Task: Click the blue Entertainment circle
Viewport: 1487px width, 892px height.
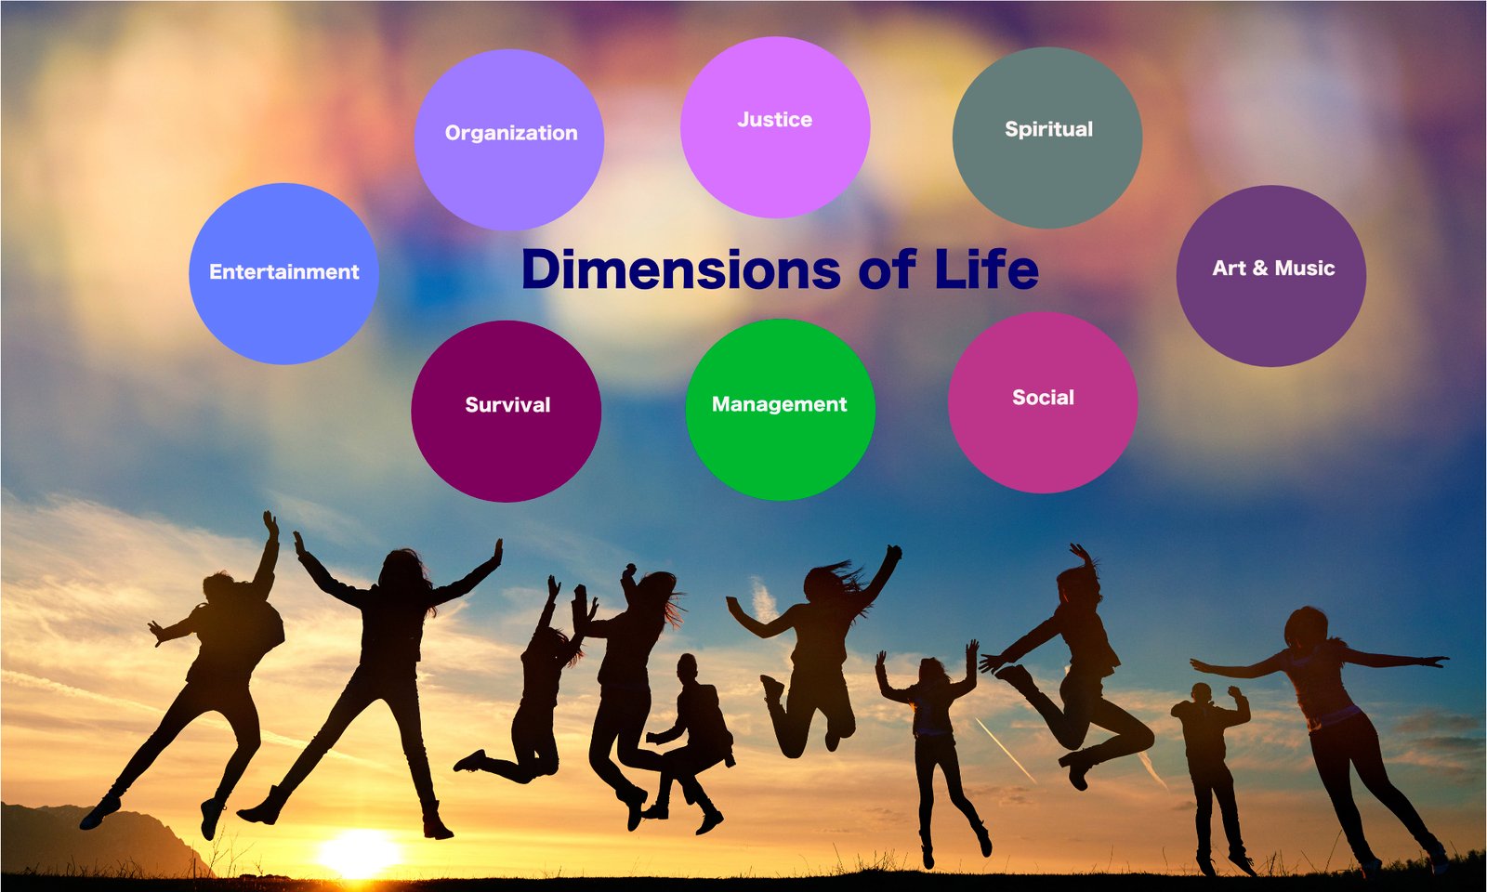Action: (283, 273)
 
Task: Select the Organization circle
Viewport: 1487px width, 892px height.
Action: (509, 139)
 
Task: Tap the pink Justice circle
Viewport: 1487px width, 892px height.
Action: (775, 127)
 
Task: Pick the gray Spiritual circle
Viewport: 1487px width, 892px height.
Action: (1047, 138)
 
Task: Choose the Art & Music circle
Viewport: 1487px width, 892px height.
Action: (1271, 276)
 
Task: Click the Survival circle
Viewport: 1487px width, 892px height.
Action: (507, 412)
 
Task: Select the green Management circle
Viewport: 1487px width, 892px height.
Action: (780, 410)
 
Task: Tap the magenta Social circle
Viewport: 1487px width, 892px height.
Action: (1043, 402)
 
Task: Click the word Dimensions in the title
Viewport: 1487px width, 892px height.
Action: (681, 269)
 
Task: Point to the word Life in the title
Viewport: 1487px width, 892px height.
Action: (986, 269)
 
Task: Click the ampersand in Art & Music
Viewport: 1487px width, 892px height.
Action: (1260, 269)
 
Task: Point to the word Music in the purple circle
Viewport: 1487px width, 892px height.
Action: (1305, 269)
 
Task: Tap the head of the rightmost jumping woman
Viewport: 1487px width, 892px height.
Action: (1306, 627)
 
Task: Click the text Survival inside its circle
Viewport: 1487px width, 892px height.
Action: (507, 405)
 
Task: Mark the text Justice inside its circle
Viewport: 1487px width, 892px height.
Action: (775, 120)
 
